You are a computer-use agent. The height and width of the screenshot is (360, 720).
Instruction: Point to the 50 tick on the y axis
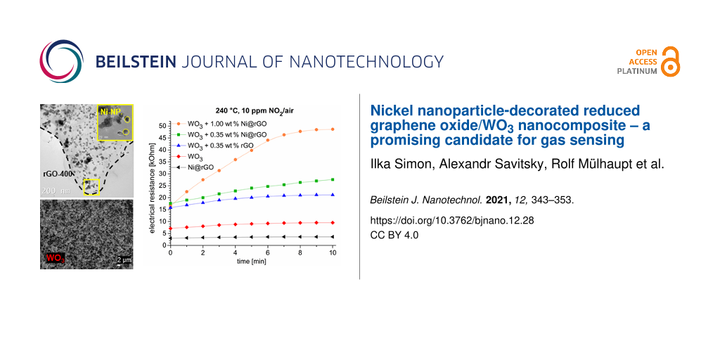point(162,125)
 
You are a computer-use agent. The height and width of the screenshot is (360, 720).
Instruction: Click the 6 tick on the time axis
point(268,252)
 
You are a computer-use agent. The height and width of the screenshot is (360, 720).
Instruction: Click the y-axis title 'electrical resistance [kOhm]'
point(151,184)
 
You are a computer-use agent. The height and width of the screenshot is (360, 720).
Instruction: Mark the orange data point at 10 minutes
point(333,129)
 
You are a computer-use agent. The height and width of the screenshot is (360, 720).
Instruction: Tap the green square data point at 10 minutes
point(333,179)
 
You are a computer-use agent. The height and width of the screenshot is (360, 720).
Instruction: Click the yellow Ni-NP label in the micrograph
point(110,110)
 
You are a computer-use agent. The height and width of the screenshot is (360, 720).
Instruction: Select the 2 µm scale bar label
point(123,259)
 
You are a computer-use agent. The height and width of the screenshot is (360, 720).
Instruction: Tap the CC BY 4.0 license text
point(394,235)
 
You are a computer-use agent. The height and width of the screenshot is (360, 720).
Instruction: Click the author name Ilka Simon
point(397,166)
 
